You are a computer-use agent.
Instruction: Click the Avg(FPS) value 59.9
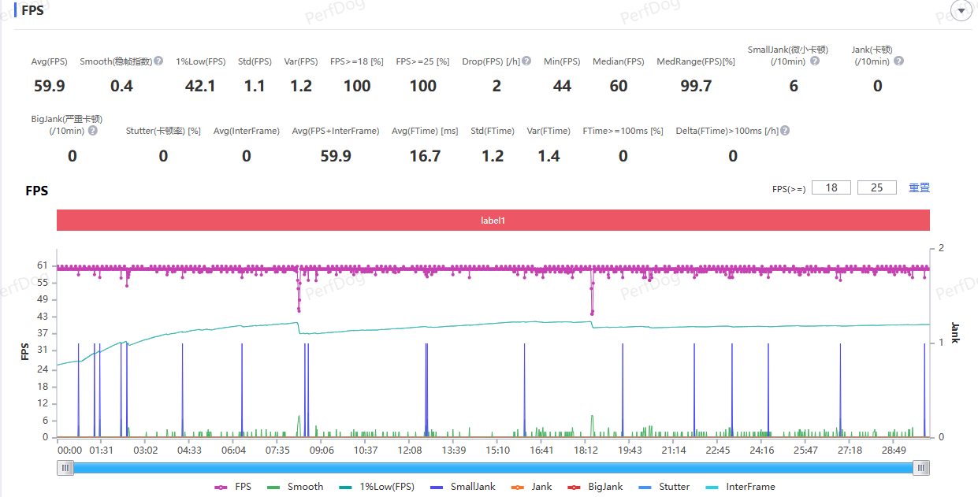(50, 86)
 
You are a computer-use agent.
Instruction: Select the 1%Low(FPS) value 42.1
(200, 86)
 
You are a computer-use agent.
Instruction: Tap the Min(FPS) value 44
(562, 86)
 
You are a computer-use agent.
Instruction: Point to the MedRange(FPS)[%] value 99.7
(696, 86)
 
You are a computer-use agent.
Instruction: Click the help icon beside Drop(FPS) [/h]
(526, 61)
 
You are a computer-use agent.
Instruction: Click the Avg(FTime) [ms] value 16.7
(425, 156)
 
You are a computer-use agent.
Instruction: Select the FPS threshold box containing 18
(831, 187)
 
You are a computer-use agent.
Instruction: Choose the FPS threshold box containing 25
(876, 187)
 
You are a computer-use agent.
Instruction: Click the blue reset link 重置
(919, 187)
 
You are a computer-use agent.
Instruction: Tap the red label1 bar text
(493, 221)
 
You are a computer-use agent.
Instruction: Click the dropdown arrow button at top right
(961, 10)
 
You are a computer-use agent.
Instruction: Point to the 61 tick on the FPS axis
(43, 265)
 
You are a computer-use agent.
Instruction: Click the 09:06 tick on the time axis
(322, 450)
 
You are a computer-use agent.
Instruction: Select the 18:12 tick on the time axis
(586, 450)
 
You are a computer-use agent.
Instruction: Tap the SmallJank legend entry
(463, 487)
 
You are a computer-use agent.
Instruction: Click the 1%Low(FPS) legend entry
(377, 487)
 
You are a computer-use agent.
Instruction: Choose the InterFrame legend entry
(741, 487)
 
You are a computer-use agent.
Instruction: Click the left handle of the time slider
(65, 468)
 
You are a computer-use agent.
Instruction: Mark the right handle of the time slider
(921, 468)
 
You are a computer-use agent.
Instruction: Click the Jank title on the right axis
(955, 333)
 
